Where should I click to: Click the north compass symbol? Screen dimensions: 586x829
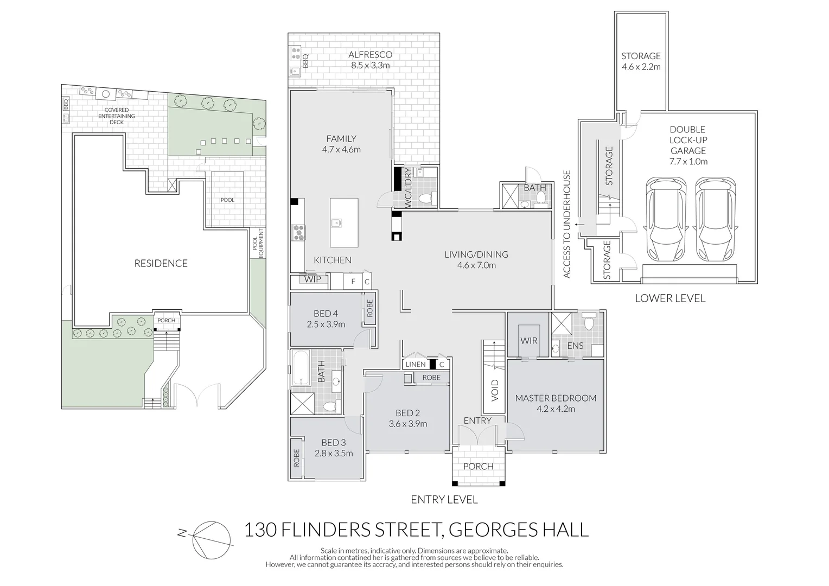[211, 539]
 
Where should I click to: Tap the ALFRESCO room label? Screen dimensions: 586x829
[370, 55]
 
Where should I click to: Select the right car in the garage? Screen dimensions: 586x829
[716, 220]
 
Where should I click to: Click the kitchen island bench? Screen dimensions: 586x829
[344, 222]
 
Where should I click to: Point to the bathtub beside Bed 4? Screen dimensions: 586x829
[301, 369]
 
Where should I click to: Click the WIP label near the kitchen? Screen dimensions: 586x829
[312, 279]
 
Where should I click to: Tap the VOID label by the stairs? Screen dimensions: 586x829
[494, 390]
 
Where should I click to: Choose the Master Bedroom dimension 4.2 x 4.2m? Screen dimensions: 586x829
[556, 409]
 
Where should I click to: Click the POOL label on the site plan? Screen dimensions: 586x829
[227, 200]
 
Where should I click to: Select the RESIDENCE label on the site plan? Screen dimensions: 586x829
[161, 264]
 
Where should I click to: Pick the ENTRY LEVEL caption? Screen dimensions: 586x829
[444, 500]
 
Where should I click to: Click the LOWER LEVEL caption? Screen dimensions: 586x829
[670, 298]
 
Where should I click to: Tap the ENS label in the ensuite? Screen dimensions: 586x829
[575, 346]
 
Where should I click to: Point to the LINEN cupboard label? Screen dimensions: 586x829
[416, 364]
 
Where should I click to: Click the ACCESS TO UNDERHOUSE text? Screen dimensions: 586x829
[567, 224]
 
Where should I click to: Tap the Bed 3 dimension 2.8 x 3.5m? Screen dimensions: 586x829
[333, 454]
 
